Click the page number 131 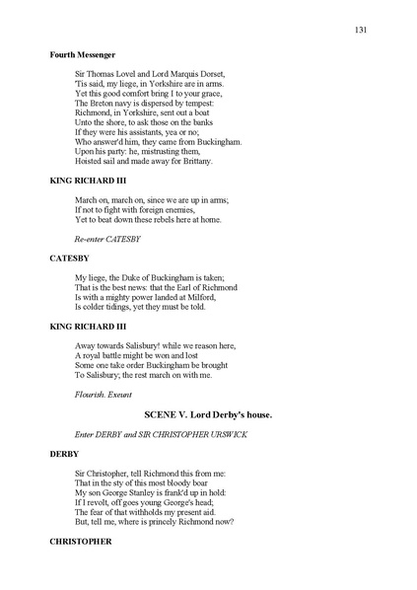361,31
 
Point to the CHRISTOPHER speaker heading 81,542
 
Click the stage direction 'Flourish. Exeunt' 104,394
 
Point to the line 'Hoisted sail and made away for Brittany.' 143,161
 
